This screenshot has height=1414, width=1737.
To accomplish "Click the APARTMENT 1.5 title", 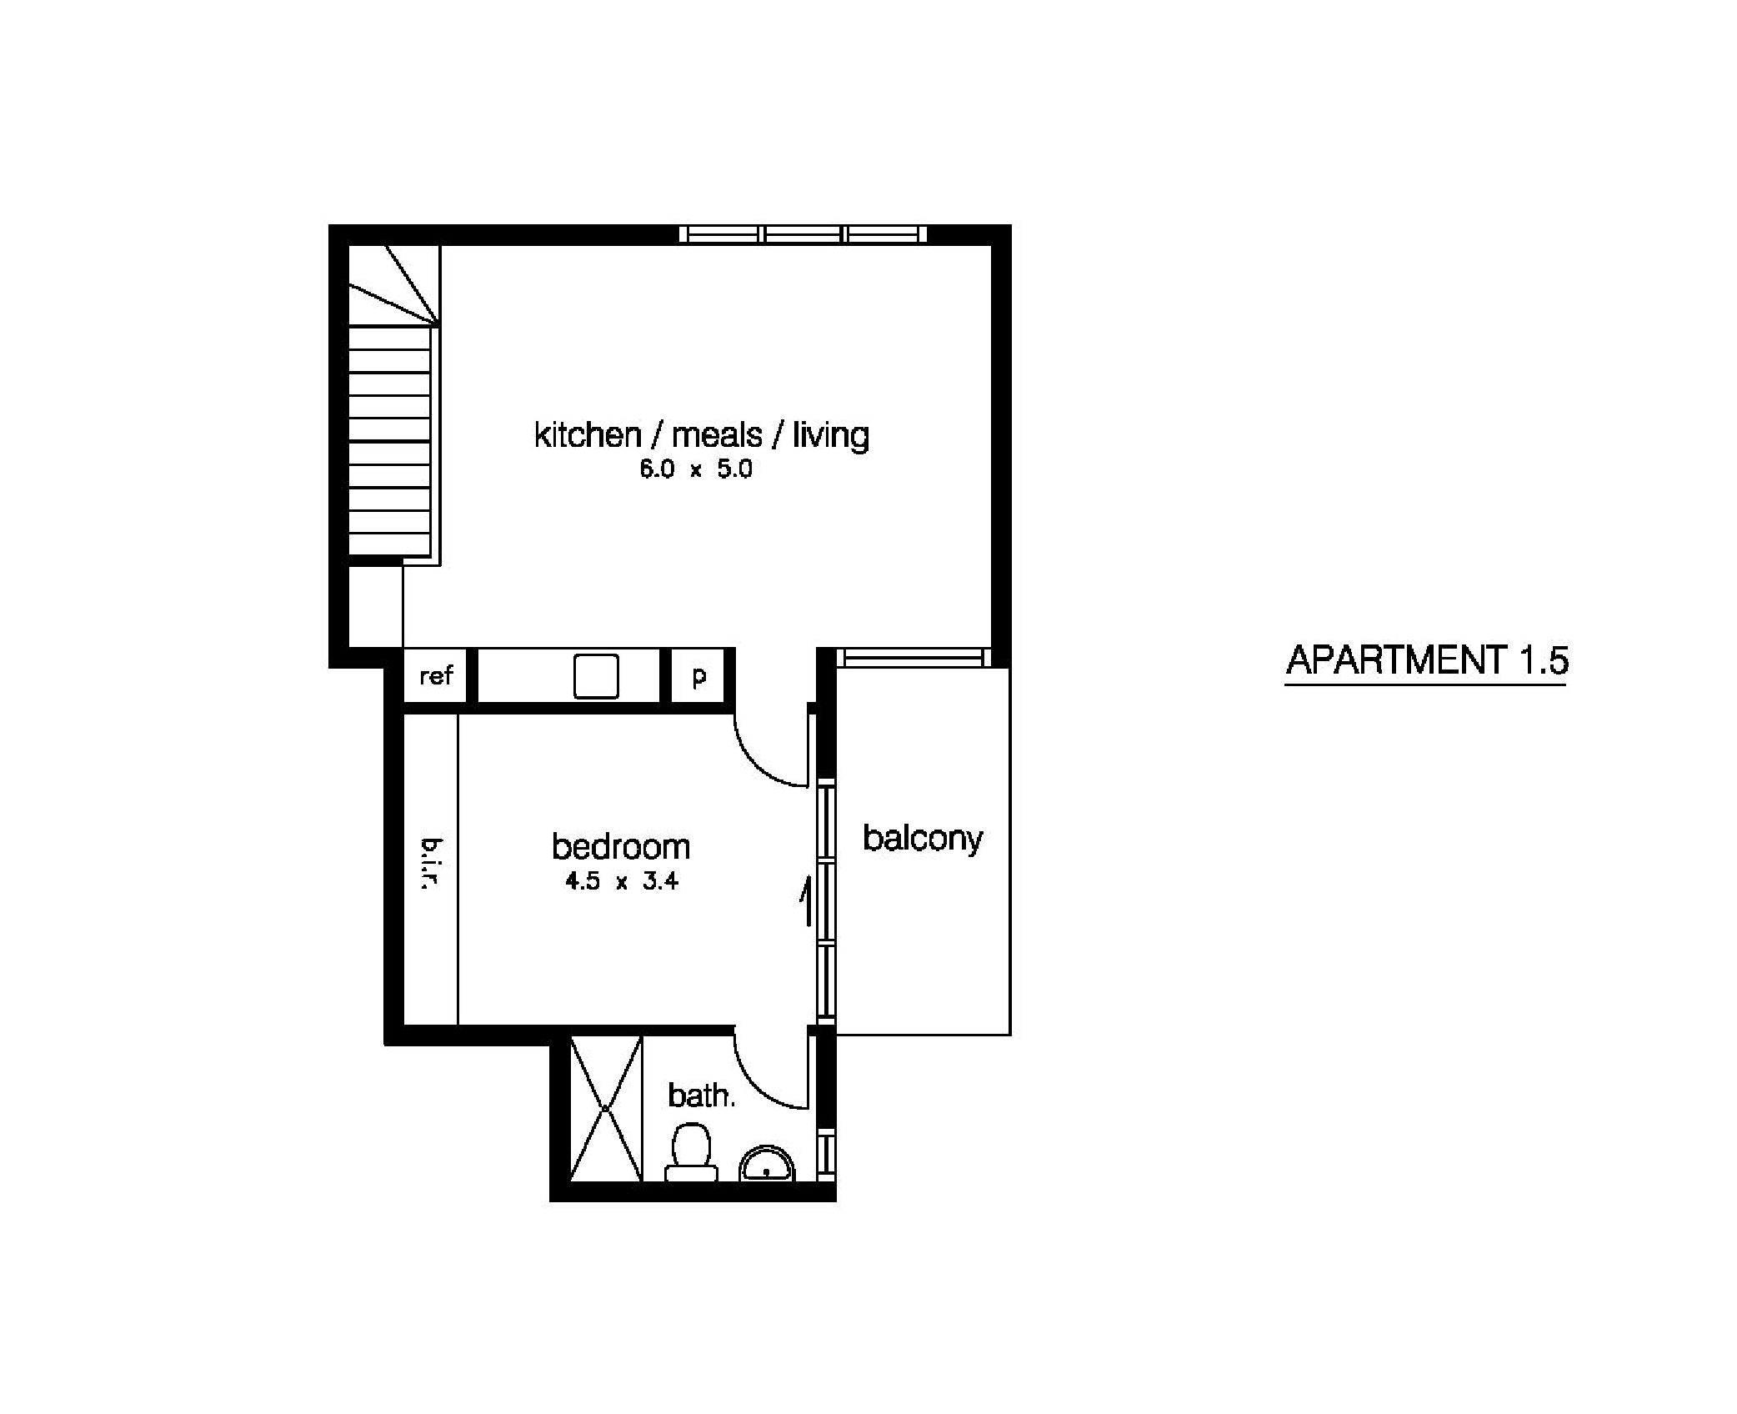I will pos(1426,660).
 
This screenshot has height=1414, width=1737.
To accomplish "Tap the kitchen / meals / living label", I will pos(701,434).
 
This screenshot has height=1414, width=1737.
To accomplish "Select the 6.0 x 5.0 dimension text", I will pos(695,469).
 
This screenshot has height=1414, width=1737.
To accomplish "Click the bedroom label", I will pos(621,847).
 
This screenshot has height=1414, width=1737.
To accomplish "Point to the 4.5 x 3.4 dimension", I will pos(621,881).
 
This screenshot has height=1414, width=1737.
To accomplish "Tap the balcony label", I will pos(923,839).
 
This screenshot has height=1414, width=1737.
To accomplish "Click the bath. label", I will pos(701,1096).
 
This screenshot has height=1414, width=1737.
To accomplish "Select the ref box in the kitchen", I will pos(436,675).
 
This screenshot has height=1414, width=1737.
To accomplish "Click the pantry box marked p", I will pos(699,675).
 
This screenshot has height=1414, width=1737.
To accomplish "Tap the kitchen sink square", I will pos(596,676).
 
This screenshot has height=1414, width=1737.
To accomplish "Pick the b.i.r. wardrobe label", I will pos(430,865).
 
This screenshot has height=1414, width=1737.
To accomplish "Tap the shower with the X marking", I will pos(606,1109).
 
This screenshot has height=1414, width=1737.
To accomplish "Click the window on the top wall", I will pos(803,234).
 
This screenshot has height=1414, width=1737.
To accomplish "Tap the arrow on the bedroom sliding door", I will pos(806,900).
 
